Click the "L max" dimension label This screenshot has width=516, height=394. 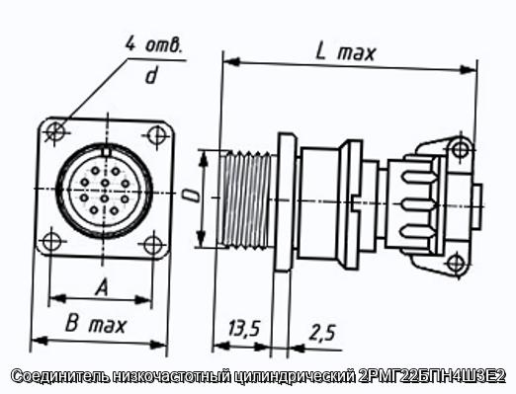point(345,52)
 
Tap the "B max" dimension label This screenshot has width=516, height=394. point(96,325)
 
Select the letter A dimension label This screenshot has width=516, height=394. point(102,287)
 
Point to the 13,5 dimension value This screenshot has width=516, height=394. point(244,328)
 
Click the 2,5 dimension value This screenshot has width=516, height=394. point(322,333)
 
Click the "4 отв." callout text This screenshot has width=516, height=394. point(153,44)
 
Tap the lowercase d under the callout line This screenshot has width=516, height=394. point(151,75)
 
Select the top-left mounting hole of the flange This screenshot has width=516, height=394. point(55,131)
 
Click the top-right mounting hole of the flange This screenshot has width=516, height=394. point(156,135)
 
